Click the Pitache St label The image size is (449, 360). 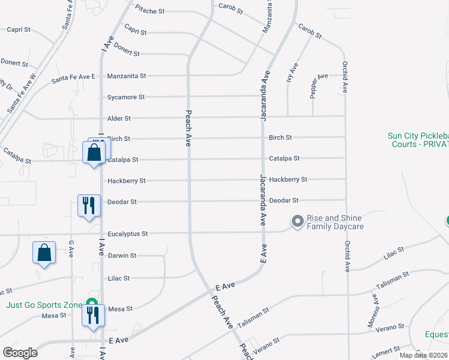[x=149, y=11]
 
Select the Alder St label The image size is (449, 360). [x=119, y=118]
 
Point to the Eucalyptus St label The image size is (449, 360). [x=127, y=233]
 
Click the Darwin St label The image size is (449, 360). [x=122, y=256]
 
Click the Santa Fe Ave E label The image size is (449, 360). [x=73, y=77]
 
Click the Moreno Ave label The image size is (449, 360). [x=375, y=315]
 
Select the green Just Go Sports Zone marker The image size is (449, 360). [x=91, y=304]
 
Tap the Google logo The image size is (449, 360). [x=20, y=352]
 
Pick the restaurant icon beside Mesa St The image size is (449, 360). [x=93, y=314]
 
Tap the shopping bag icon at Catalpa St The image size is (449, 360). [x=94, y=152]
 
